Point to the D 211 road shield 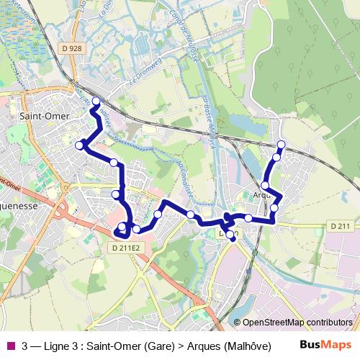[341, 227]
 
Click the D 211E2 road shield [124, 248]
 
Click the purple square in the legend [10, 344]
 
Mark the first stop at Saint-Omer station [96, 101]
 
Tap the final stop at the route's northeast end [281, 145]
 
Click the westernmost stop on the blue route [79, 145]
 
